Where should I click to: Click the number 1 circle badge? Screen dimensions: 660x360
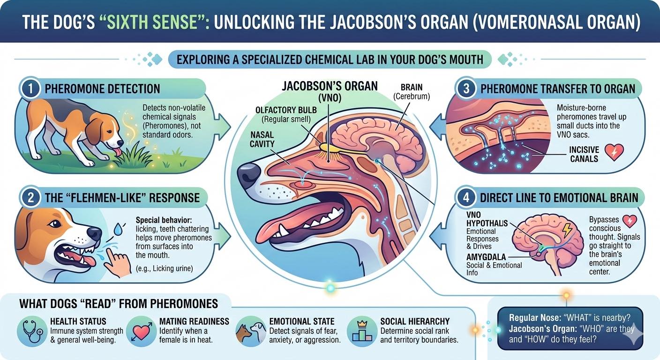30,89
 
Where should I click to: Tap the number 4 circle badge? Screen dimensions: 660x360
466,197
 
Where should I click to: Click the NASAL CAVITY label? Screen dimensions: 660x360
262,139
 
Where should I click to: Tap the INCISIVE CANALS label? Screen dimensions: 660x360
584,154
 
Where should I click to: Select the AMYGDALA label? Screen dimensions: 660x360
486,257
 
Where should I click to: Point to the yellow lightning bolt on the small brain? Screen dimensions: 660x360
568,230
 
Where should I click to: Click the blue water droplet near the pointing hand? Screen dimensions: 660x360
118,229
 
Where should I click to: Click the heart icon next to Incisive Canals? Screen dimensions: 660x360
614,152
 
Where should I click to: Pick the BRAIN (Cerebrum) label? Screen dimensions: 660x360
412,91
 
